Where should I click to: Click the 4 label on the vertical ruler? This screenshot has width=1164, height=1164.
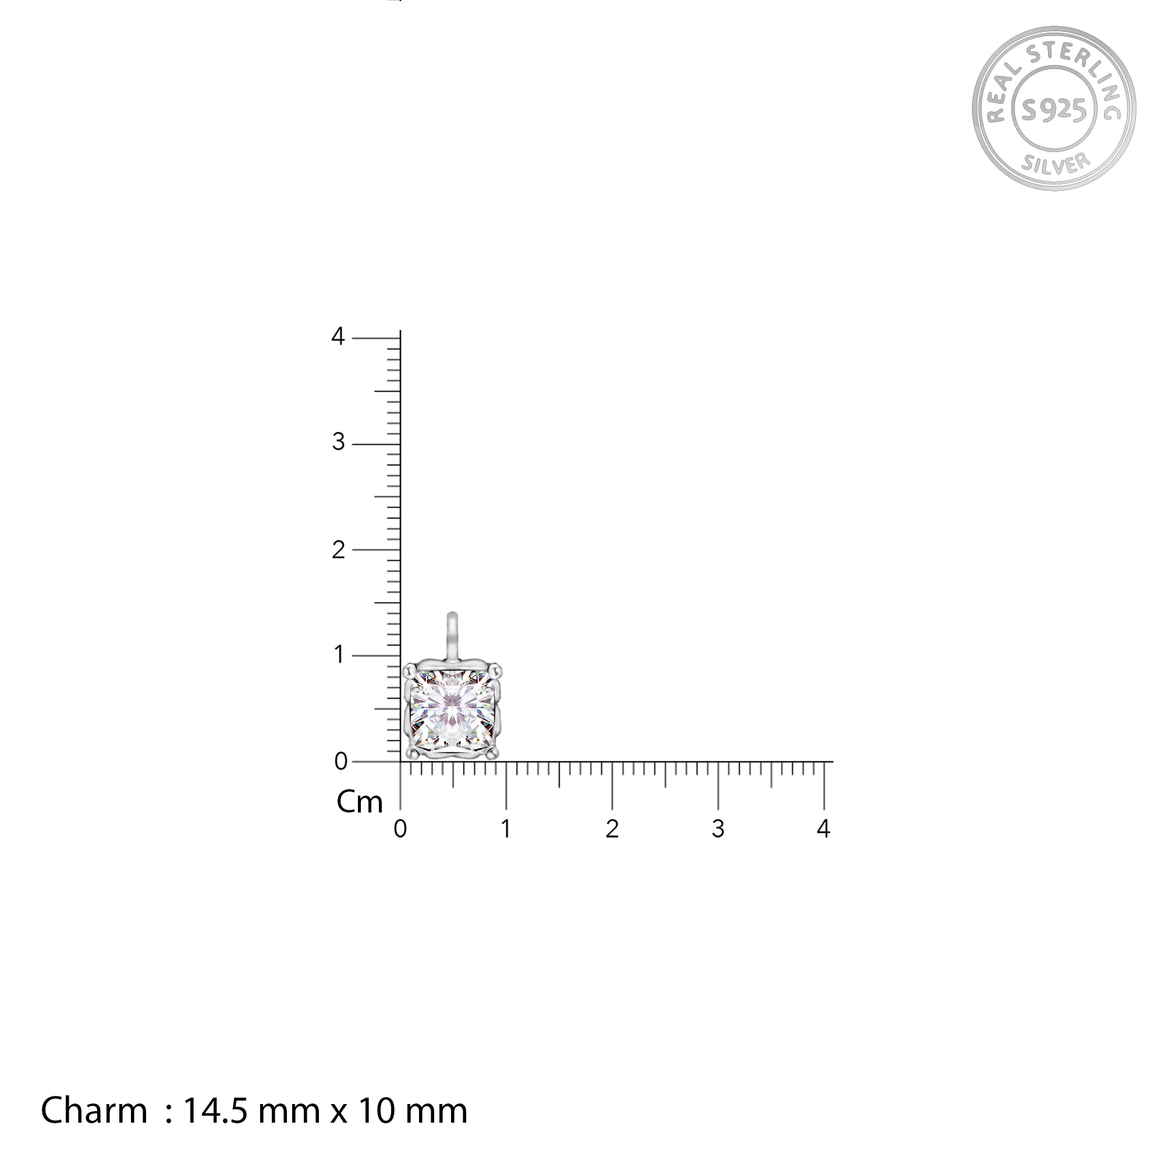point(338,337)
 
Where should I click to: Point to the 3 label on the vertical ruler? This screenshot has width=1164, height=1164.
point(338,443)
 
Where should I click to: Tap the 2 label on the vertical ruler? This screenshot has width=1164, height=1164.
point(338,549)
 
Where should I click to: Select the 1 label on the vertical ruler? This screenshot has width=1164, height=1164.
point(338,655)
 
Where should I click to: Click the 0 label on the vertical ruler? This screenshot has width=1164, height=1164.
point(340,761)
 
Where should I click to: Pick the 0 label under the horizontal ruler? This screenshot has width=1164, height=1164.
point(400,829)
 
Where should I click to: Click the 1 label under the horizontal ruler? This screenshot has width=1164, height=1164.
point(506,829)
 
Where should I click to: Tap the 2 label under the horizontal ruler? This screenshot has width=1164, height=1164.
point(612,829)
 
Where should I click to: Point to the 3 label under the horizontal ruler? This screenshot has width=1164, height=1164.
point(718,829)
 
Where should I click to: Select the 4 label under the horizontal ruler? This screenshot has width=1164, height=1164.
point(824,829)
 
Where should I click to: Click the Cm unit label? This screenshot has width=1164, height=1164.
point(360,802)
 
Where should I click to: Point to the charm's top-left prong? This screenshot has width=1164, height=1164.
point(410,670)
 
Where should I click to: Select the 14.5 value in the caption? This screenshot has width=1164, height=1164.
point(215,1110)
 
